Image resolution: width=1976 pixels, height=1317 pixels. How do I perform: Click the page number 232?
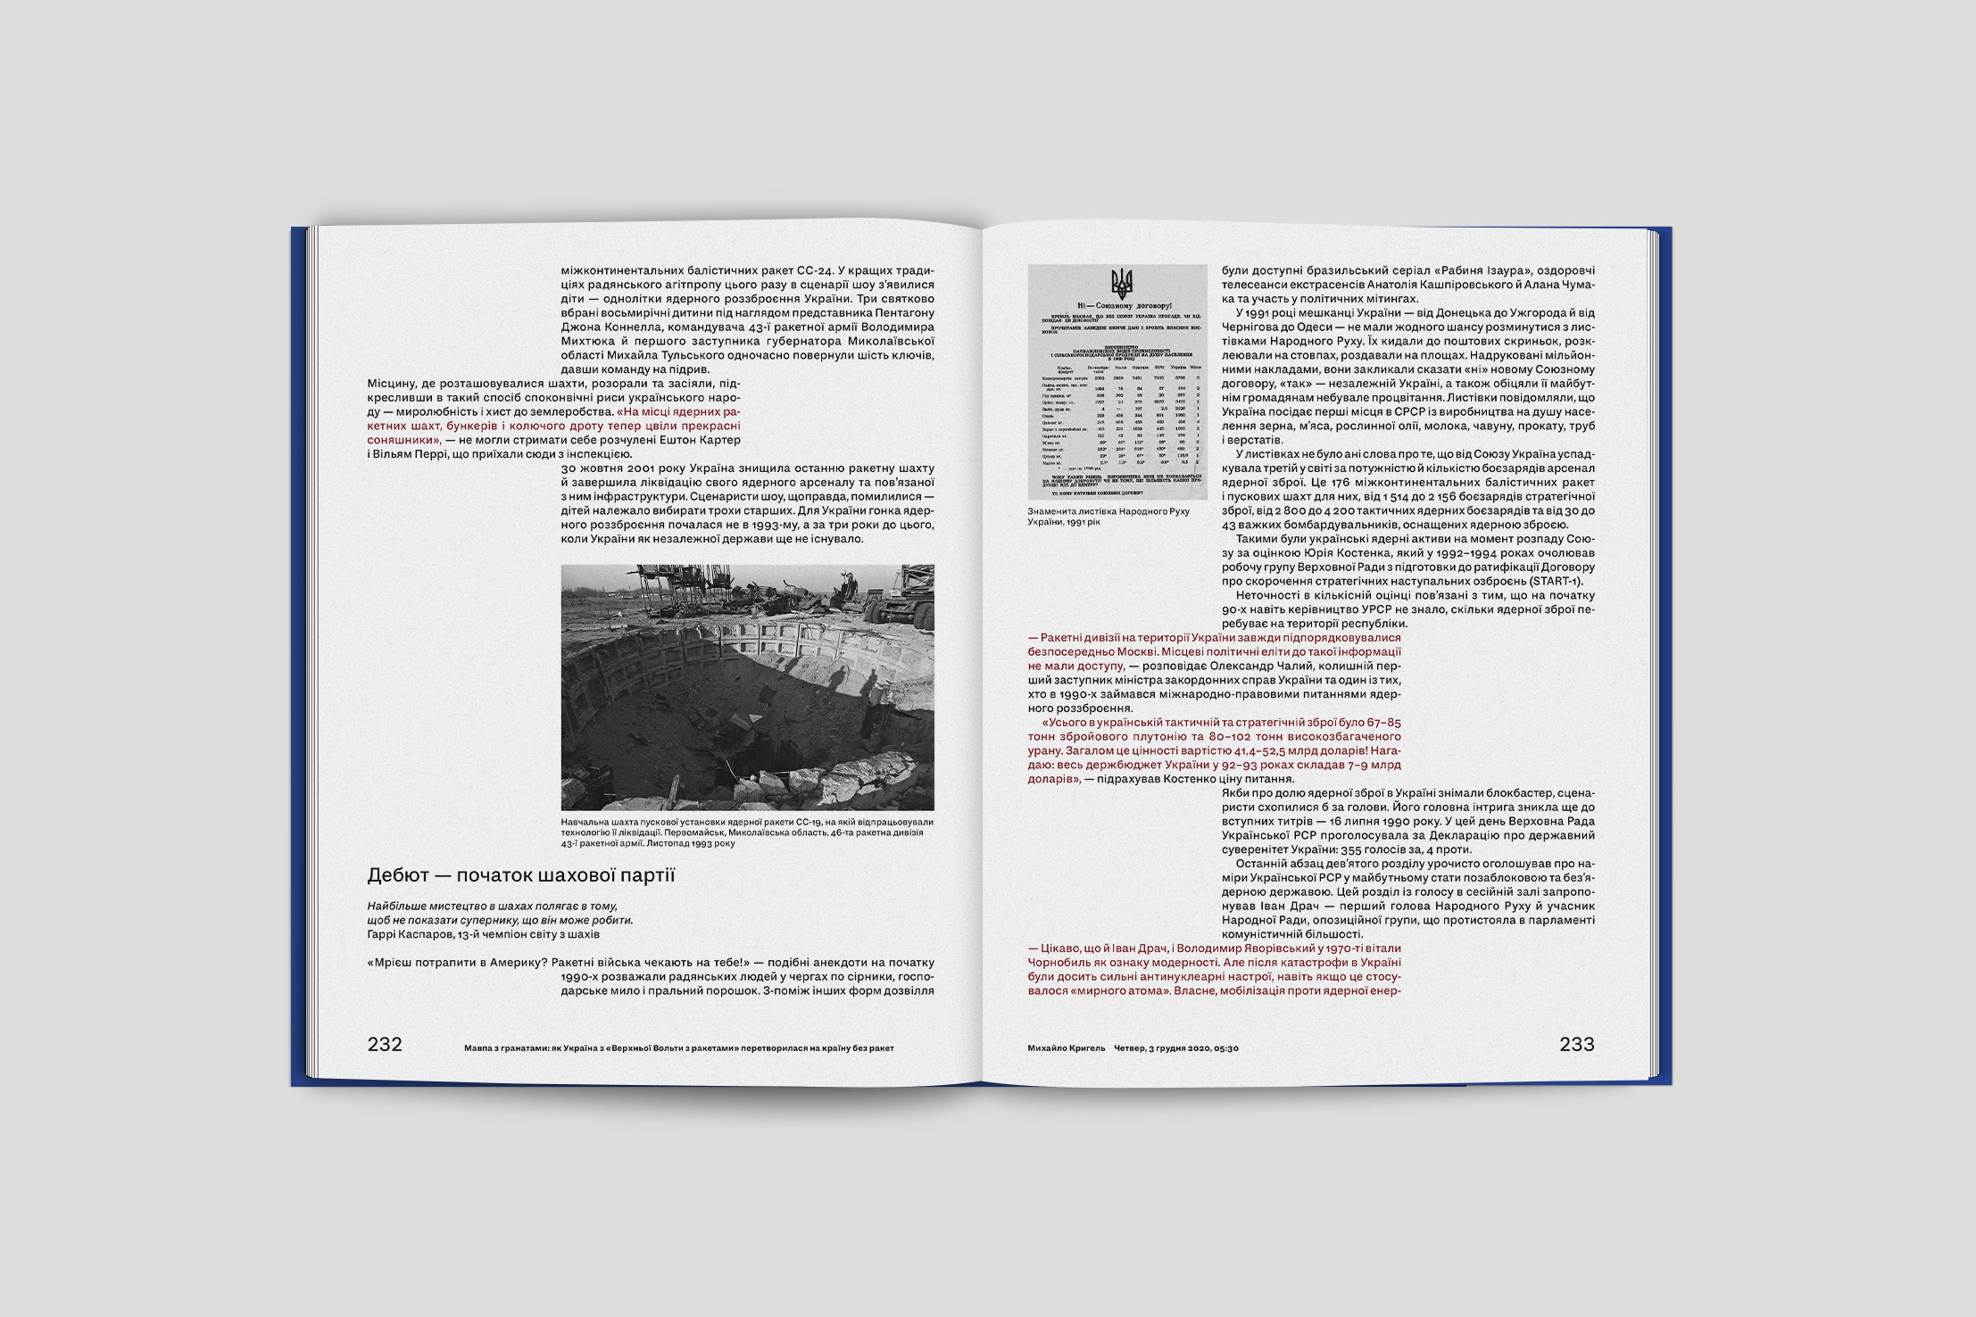click(x=385, y=1045)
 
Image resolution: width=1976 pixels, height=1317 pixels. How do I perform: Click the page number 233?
click(x=1576, y=1045)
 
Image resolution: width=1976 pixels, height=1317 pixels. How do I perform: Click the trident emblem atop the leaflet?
click(x=1121, y=284)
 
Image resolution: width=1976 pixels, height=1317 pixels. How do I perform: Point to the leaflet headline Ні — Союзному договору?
click(x=1121, y=306)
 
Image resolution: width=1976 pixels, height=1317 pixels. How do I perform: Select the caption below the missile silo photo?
click(x=746, y=832)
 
